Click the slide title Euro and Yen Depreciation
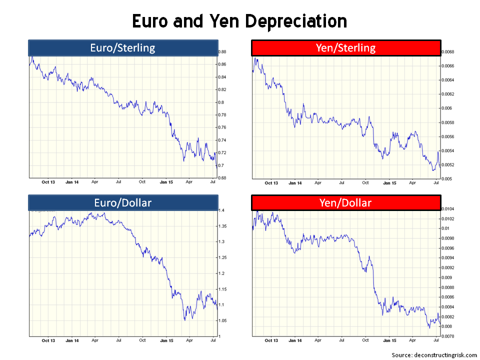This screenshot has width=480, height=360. click(239, 21)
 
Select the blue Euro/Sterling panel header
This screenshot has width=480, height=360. click(123, 48)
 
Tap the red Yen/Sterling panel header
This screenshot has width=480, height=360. click(345, 48)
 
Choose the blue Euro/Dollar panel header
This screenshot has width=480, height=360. click(123, 202)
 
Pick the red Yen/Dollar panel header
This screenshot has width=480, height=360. click(345, 202)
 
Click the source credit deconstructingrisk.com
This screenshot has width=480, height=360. click(434, 354)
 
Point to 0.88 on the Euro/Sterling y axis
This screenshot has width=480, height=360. click(223, 52)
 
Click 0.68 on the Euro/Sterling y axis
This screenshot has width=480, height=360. click(223, 178)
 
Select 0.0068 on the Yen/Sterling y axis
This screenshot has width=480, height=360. click(448, 52)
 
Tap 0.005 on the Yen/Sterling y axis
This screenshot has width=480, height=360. click(446, 178)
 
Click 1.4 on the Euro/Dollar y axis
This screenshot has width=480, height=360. click(221, 210)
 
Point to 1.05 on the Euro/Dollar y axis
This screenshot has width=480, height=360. click(223, 320)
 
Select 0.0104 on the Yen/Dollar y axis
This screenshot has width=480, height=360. click(448, 209)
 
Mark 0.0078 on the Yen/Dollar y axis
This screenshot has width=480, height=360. click(448, 336)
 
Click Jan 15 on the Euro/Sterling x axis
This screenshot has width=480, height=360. click(166, 182)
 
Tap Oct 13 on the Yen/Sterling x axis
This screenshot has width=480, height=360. click(271, 183)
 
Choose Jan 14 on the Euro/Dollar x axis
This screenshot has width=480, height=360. click(72, 340)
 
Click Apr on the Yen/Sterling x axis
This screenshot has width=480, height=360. click(412, 183)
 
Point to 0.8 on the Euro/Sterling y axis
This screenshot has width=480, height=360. click(221, 102)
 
